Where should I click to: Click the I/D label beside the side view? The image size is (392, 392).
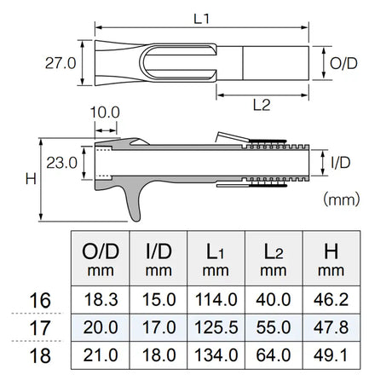(340, 161)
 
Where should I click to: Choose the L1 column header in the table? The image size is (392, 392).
(216, 258)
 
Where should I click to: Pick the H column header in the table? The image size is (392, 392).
(329, 258)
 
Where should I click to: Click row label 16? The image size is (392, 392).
(38, 300)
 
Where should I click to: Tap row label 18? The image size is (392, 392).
(38, 356)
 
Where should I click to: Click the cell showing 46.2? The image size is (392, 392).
(329, 300)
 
